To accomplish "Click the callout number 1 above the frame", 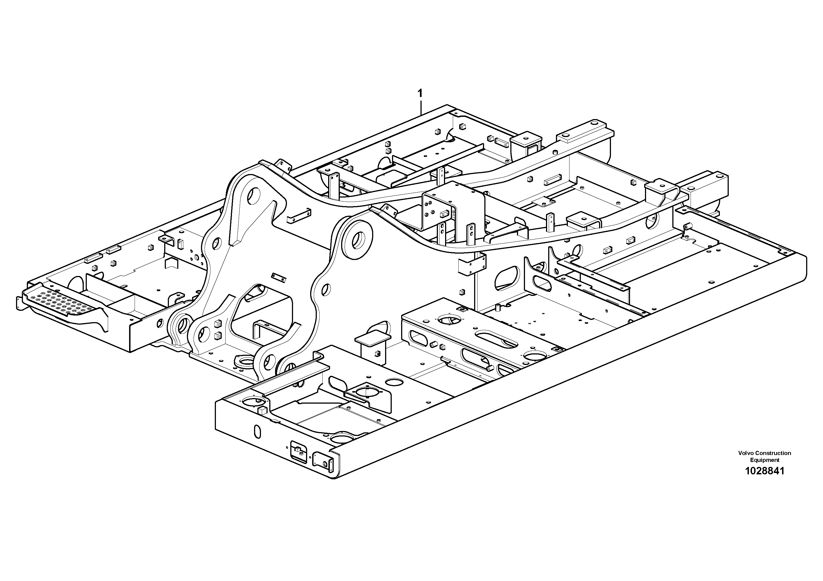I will (x=420, y=94).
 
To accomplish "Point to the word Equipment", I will (x=765, y=460).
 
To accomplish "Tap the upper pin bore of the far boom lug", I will (x=255, y=195).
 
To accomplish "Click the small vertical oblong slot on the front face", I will (x=257, y=432).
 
